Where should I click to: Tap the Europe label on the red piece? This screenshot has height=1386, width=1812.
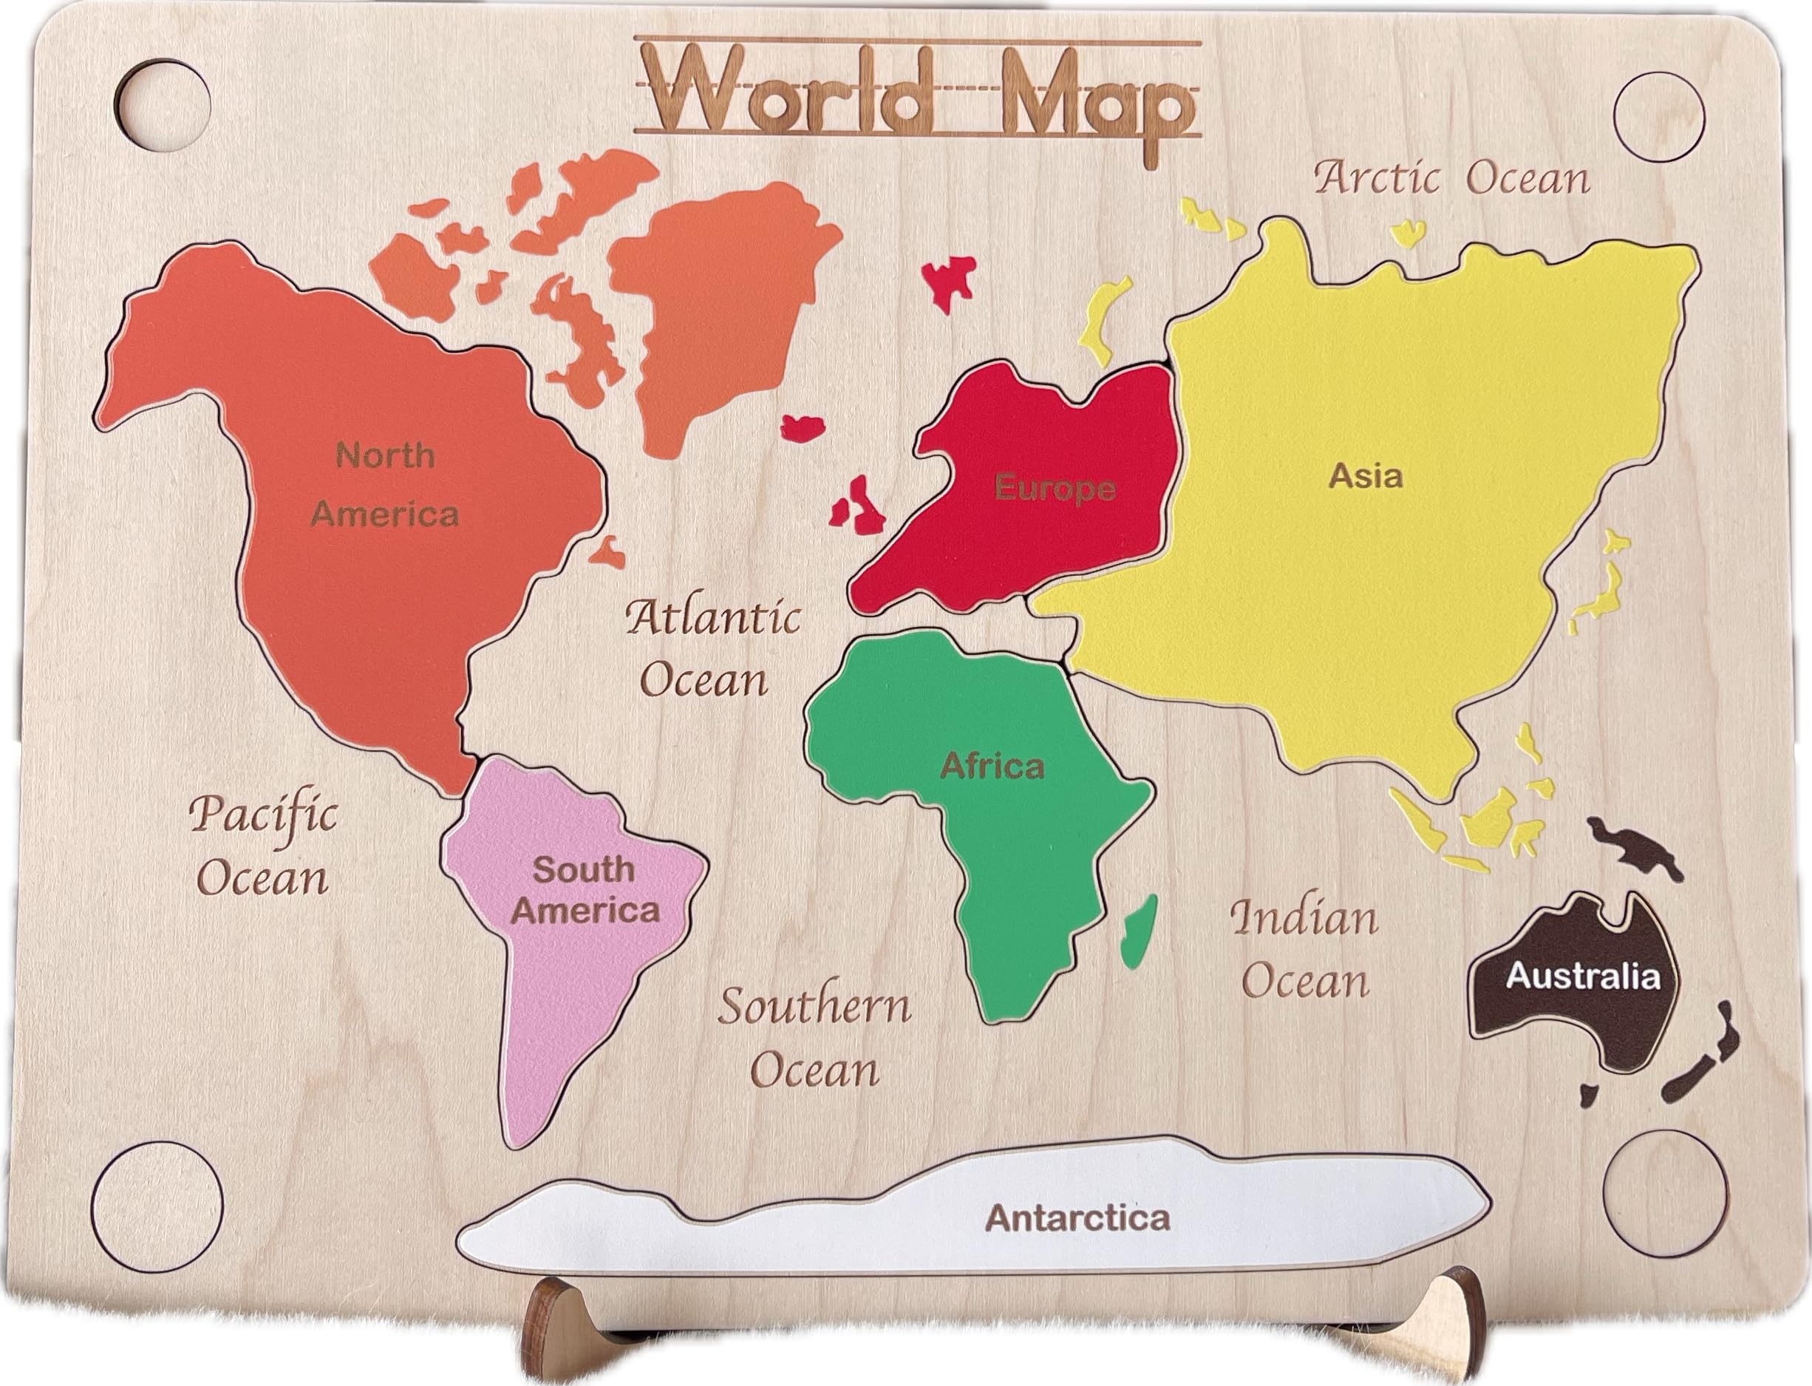point(1054,489)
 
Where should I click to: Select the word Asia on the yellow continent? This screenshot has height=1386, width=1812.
point(1365,476)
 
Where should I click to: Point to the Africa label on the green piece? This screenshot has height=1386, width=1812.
point(992,767)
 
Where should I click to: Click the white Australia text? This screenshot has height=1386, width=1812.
point(1582,976)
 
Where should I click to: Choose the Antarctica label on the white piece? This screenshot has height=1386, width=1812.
point(1078,1217)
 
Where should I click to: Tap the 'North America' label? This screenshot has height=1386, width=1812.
point(384,485)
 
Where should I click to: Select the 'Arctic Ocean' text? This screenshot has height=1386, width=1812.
point(1451,179)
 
